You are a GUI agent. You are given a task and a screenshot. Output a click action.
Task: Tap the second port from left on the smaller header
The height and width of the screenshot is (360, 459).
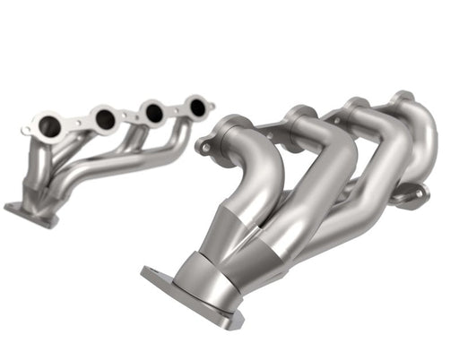[105, 118]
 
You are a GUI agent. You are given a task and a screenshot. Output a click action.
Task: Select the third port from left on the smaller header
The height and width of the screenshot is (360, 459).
[153, 113]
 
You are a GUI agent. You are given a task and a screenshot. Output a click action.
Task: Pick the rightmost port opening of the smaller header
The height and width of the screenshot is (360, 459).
[197, 107]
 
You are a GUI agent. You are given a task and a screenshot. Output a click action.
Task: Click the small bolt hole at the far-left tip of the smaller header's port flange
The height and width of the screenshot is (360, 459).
[26, 132]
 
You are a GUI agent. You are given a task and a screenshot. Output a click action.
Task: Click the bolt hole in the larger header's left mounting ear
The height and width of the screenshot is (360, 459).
[204, 143]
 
